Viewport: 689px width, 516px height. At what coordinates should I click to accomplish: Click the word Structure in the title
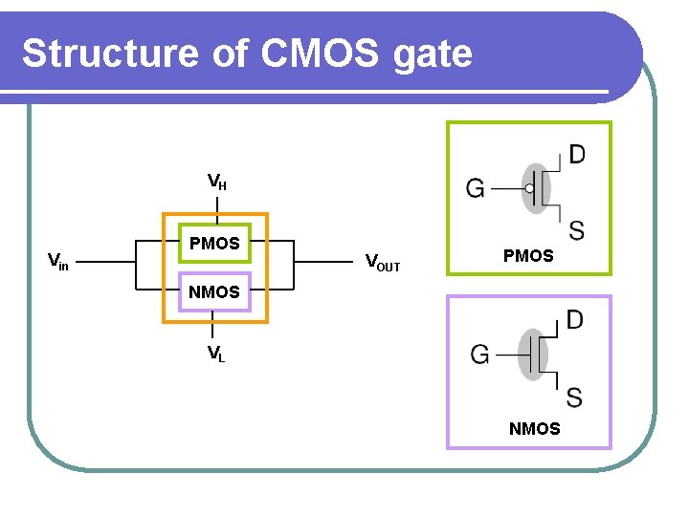pyautogui.click(x=110, y=54)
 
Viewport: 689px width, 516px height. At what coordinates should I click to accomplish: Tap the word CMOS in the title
pyautogui.click(x=319, y=54)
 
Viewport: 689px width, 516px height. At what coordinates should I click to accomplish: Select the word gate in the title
pyautogui.click(x=433, y=57)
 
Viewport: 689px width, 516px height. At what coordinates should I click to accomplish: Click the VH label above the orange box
pyautogui.click(x=217, y=182)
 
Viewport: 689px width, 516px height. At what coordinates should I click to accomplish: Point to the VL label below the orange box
pyautogui.click(x=216, y=354)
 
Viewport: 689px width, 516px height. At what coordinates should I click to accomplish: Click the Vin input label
pyautogui.click(x=58, y=262)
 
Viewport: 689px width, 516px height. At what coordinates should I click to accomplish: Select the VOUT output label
pyautogui.click(x=383, y=263)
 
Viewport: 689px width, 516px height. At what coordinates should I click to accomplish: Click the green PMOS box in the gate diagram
pyautogui.click(x=215, y=224)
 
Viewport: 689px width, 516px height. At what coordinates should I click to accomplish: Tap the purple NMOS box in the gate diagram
pyautogui.click(x=215, y=272)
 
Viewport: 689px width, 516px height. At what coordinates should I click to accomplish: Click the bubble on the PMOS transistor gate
pyautogui.click(x=529, y=188)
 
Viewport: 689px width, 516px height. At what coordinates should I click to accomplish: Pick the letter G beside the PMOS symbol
pyautogui.click(x=475, y=188)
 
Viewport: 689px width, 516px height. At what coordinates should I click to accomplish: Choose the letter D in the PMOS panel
pyautogui.click(x=577, y=154)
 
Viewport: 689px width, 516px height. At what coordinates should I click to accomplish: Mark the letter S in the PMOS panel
pyautogui.click(x=576, y=230)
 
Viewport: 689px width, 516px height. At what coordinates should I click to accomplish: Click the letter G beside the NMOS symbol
pyautogui.click(x=479, y=355)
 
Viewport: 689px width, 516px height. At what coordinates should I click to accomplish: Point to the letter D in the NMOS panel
pyautogui.click(x=574, y=319)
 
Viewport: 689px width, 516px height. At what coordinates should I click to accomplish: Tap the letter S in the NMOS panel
pyautogui.click(x=574, y=398)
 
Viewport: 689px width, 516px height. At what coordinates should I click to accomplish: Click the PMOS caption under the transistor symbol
pyautogui.click(x=528, y=256)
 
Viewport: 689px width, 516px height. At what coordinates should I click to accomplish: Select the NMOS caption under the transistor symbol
pyautogui.click(x=535, y=429)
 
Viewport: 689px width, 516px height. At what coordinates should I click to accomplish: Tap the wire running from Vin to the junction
pyautogui.click(x=106, y=262)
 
